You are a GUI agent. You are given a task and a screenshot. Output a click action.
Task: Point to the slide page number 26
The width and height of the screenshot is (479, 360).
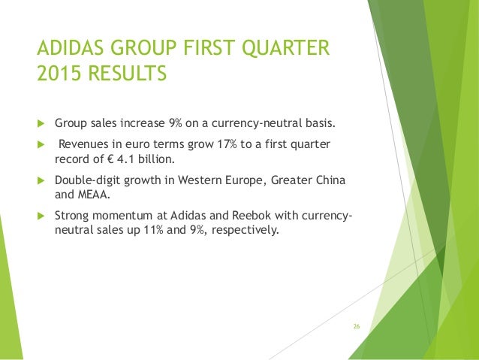pyautogui.click(x=357, y=326)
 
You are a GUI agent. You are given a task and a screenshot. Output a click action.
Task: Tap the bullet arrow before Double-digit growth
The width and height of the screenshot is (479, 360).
pyautogui.click(x=42, y=180)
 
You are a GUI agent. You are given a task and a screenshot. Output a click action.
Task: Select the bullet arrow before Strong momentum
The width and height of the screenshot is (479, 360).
pyautogui.click(x=42, y=216)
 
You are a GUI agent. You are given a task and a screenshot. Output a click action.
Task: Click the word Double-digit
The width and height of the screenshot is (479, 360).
pyautogui.click(x=86, y=180)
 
